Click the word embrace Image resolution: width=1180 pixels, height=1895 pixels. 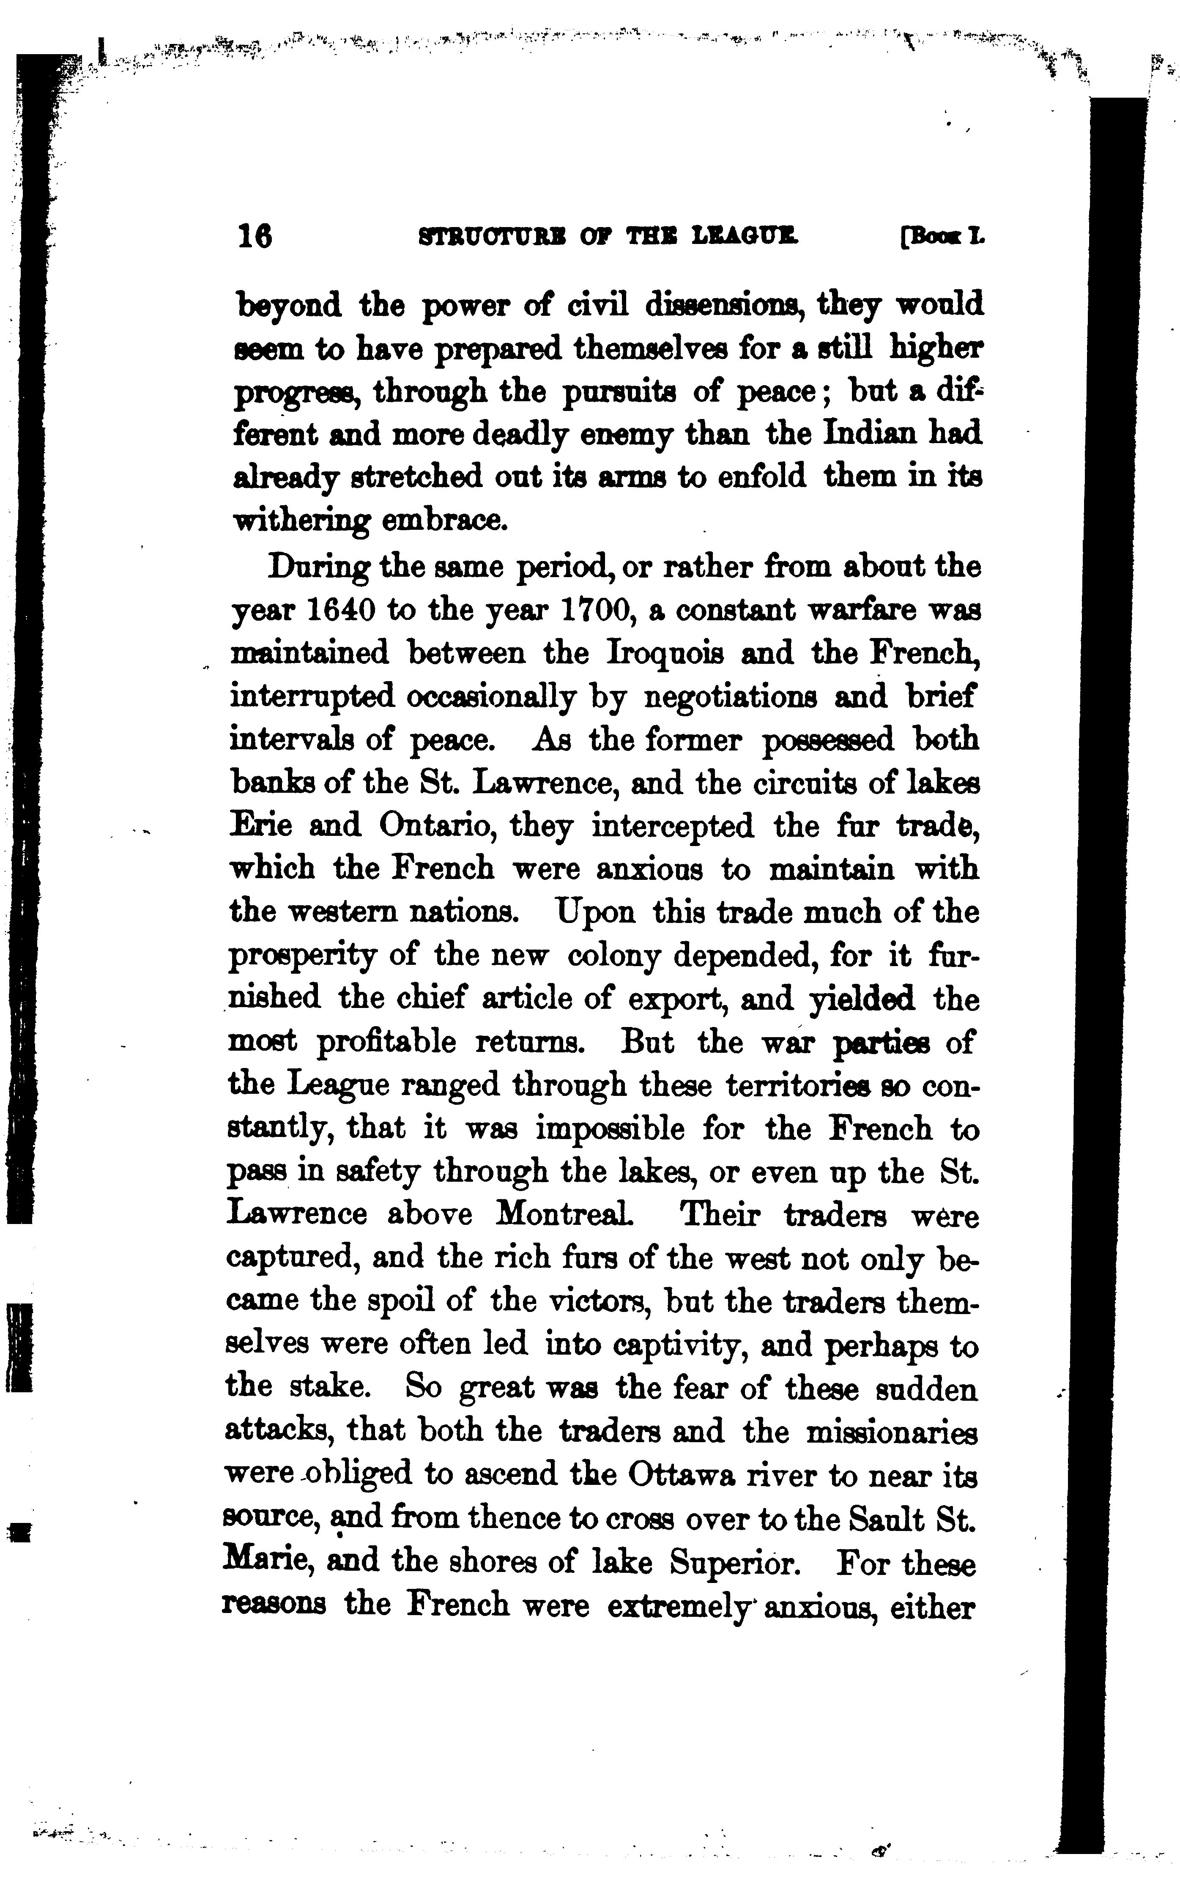click(x=445, y=520)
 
